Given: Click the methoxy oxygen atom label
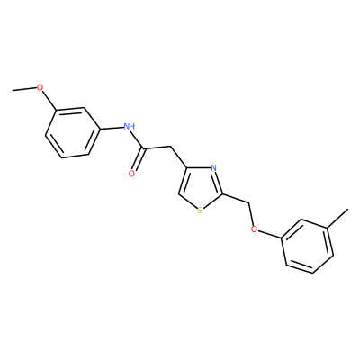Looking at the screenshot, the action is pos(40,87).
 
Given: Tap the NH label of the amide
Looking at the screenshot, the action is pos(130,126).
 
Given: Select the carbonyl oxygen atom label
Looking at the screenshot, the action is pos(131,174).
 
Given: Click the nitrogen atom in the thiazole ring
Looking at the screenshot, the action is pos(213,168).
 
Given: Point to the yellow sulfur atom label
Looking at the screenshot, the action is pos(201,211).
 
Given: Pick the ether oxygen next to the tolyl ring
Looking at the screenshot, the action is pos(255,229).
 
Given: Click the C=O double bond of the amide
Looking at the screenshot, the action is pos(139,160).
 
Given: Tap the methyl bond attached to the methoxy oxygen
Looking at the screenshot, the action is pos(24,89).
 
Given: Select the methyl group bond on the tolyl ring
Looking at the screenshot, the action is pos(338,219).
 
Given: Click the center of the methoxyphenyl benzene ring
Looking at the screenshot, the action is pos(72,132).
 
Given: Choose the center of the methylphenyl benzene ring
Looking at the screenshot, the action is pos(308,246).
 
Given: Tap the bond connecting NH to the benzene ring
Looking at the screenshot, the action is pos(112,128).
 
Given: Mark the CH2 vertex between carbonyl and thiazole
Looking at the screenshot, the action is pos(170,147).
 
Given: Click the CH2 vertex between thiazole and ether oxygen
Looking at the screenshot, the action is pos(249,203).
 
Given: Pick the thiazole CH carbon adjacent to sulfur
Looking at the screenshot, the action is pos(179,193).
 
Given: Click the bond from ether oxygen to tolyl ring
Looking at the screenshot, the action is pos(270,235).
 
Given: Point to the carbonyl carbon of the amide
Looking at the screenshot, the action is pos(145,148).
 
